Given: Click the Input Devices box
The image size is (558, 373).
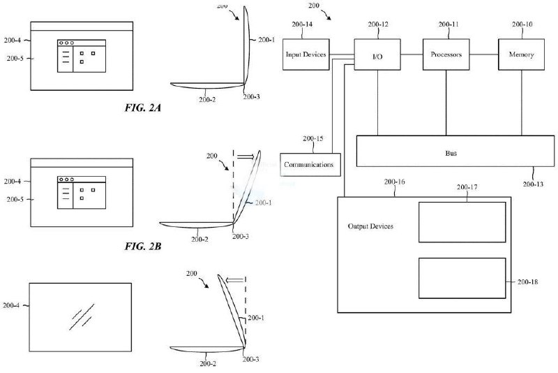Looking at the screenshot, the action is point(306,54).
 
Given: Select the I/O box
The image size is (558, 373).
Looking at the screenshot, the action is point(377,54).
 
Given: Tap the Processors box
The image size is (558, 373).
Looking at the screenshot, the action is point(446,54).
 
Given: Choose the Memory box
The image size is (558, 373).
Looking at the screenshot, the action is point(521,54).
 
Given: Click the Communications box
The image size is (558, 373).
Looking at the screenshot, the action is point(310,165).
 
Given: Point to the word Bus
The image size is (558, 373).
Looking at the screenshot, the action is point(451,153).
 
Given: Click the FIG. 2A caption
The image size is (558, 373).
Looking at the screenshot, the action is point(143,108).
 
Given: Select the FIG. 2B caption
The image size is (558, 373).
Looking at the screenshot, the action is point(143,246).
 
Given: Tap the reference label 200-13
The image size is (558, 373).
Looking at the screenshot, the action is point(533,184).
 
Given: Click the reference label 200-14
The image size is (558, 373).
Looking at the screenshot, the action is point(302,24).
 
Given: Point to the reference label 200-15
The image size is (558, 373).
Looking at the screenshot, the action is point(313,138).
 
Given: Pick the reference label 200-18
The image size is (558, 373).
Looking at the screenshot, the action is point(528,281).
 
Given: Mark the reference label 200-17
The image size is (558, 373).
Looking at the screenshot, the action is point(467,187).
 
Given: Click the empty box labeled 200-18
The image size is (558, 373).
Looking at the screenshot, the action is point(462,278).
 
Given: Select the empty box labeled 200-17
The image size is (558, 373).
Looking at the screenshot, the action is point(462,222).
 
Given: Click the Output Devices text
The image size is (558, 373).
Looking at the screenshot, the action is point(370,226).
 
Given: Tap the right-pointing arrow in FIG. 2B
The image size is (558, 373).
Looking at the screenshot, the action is point(246,156).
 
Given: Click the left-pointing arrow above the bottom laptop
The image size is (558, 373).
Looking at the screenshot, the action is point(235,280).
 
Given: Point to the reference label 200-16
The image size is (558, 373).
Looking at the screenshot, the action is point(394,182).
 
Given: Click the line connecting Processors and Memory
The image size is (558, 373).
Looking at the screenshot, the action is point(484,54).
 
